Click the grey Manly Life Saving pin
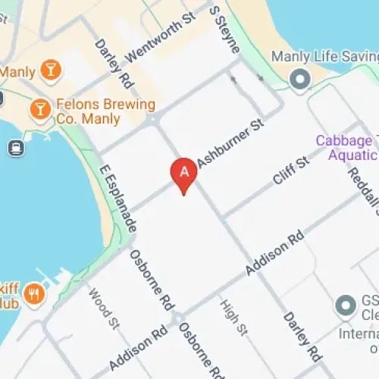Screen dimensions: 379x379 (x=300, y=78)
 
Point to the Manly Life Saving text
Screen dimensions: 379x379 (x=324, y=58)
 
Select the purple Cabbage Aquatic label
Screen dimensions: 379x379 (x=346, y=149)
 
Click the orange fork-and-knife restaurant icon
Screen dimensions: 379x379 (x=33, y=293)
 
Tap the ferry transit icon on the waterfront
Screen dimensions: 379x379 (x=14, y=148)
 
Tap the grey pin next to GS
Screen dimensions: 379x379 (x=346, y=306)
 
